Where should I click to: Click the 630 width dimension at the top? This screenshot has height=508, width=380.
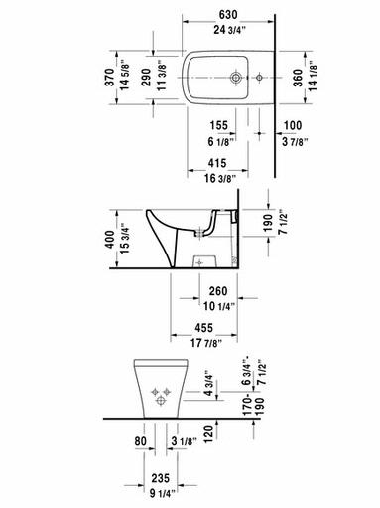[x=228, y=15]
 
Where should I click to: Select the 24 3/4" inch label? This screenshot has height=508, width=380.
[x=230, y=30]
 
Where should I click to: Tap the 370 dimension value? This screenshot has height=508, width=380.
[x=110, y=78]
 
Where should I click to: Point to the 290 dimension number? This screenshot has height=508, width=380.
[x=146, y=78]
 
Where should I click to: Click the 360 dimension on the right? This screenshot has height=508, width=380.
[x=298, y=78]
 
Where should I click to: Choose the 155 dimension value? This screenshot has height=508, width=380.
[x=219, y=125]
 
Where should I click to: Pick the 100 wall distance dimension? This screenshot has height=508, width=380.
[x=293, y=125]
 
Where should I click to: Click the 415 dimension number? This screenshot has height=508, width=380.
[x=217, y=163]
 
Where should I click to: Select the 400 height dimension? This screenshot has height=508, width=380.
[x=110, y=240]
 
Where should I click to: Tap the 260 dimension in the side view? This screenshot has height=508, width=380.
[x=218, y=291]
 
